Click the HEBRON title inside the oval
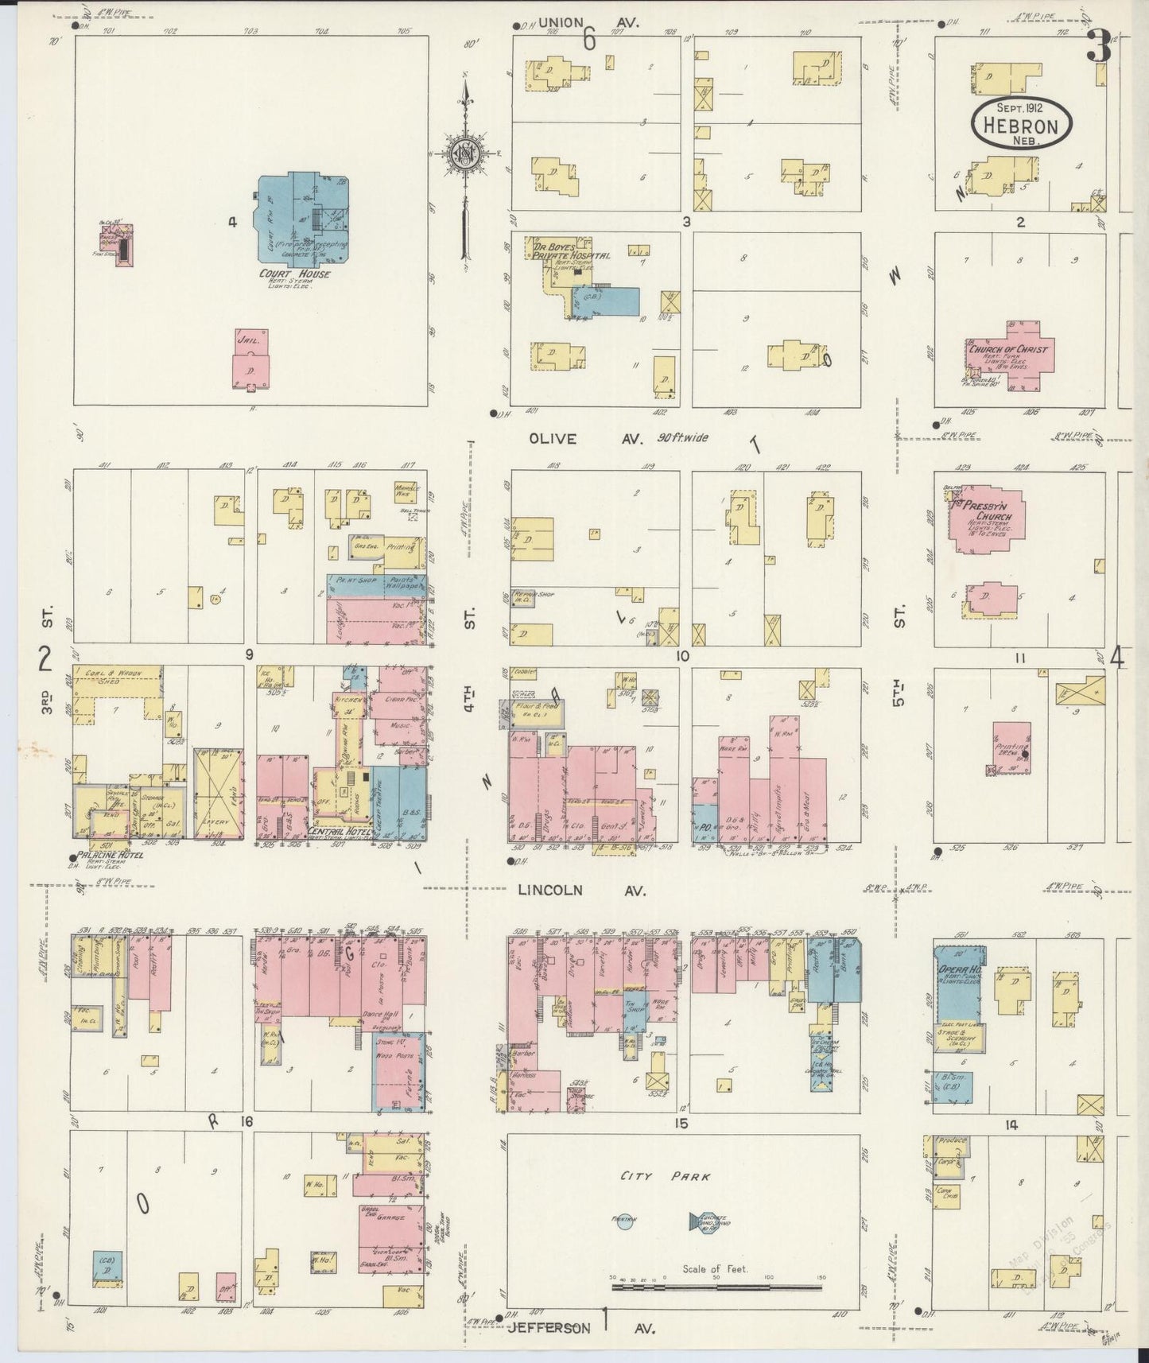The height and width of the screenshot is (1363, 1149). [x=1020, y=126]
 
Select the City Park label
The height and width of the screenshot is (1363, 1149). [x=666, y=1176]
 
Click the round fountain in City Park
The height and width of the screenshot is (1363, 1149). [x=624, y=1219]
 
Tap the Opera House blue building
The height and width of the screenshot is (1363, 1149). [x=960, y=986]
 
